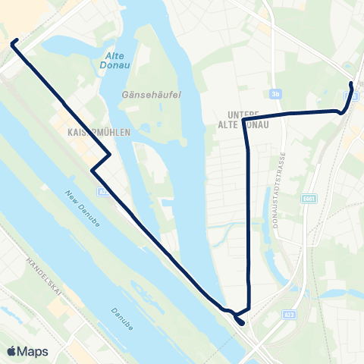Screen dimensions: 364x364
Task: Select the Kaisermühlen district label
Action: click(x=94, y=131)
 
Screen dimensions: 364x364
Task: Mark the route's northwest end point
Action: click(x=13, y=43)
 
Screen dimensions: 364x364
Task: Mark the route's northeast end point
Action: click(x=350, y=83)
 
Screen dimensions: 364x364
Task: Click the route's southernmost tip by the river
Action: click(x=241, y=323)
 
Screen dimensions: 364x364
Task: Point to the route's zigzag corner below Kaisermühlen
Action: click(x=111, y=155)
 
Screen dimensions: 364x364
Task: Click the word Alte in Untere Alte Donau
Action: click(x=228, y=124)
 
